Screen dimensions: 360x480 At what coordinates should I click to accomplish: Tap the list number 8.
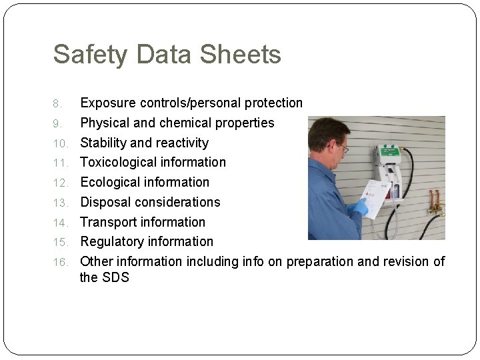[x=58, y=103]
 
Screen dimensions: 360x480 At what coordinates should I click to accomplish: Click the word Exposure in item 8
[x=107, y=103]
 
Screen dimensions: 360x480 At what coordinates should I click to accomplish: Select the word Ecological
[x=111, y=182]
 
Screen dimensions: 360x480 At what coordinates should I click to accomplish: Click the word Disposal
[x=105, y=202]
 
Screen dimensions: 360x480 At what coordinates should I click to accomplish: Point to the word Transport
[x=108, y=222]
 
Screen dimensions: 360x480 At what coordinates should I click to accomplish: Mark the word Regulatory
[x=111, y=241]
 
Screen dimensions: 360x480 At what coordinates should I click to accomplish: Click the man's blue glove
[x=360, y=207]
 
